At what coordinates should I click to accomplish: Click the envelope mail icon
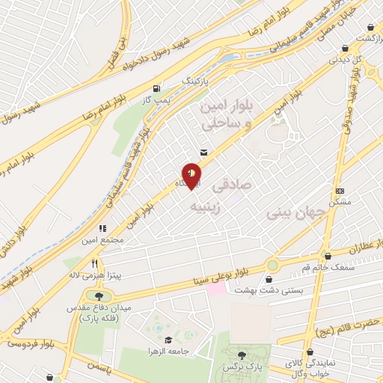(203, 152)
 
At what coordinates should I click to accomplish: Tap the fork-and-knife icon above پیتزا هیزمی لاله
(94, 263)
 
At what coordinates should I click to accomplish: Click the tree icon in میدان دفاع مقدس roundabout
(100, 297)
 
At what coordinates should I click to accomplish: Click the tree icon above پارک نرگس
(242, 356)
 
